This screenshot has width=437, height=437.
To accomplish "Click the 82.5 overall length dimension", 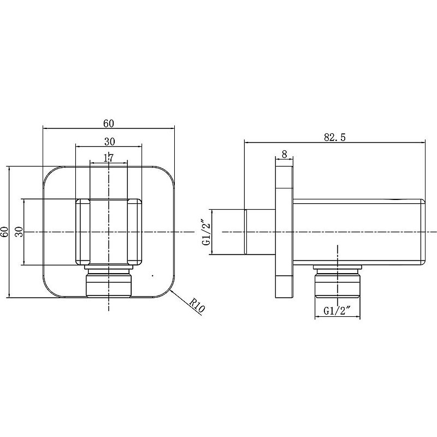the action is point(335,137).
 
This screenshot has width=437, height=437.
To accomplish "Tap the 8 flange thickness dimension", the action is point(284,154).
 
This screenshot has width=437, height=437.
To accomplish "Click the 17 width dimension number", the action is point(109,158).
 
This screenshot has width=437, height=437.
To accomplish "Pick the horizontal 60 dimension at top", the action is point(109,123).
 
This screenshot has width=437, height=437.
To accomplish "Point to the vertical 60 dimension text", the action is point(5,232).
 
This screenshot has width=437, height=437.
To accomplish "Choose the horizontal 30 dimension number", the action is point(110,141).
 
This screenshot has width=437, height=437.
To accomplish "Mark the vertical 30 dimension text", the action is point(19,232).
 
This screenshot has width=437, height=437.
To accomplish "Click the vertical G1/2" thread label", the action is point(206,232).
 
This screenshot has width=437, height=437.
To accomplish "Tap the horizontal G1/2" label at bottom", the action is point(336,311).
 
